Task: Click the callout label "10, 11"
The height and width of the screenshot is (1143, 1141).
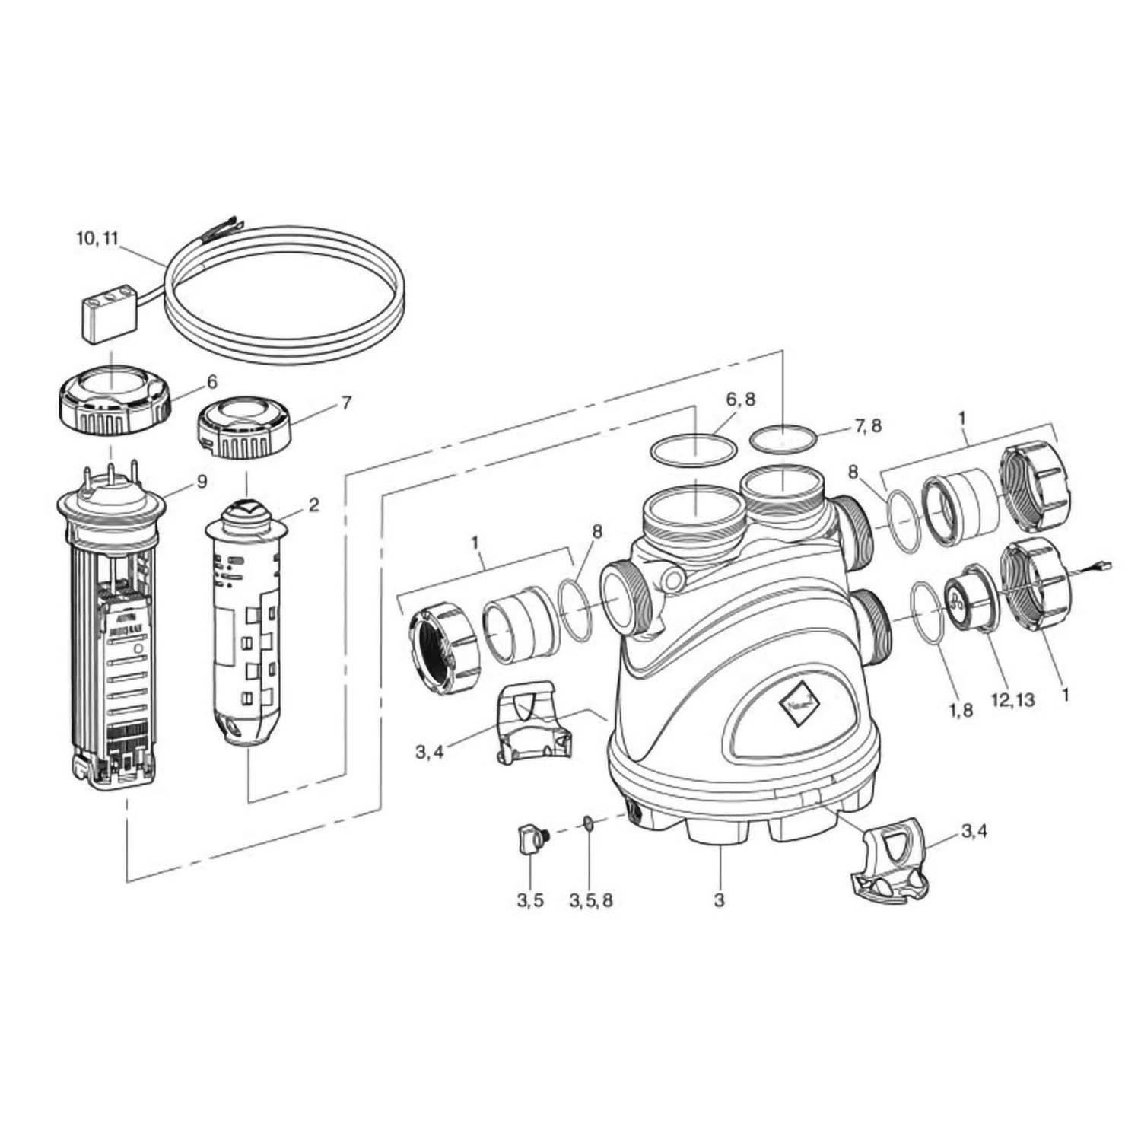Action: [97, 237]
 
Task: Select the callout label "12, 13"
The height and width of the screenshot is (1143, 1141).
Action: [1013, 699]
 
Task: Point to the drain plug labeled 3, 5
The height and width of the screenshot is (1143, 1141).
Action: [529, 839]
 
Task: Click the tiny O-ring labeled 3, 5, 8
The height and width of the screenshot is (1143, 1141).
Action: [588, 823]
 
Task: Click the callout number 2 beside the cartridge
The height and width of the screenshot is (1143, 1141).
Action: [313, 504]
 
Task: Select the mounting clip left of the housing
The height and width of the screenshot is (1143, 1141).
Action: [532, 722]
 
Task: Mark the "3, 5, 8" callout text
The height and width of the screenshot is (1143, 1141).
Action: [590, 901]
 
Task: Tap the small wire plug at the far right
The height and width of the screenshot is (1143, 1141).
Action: [1105, 565]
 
